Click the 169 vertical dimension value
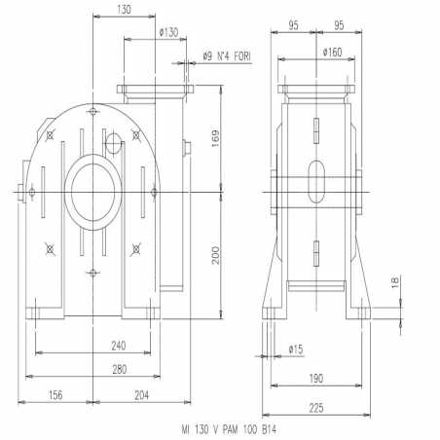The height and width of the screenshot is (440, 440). click(x=215, y=139)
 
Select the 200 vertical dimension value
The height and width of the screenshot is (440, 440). click(x=215, y=256)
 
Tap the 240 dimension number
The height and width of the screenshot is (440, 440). click(x=119, y=346)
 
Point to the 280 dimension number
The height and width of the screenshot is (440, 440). click(x=120, y=369)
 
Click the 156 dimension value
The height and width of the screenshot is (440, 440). click(x=55, y=395)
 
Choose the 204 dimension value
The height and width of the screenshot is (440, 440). click(x=142, y=395)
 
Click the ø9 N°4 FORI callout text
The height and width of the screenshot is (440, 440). click(x=227, y=56)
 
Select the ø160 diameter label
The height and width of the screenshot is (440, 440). click(x=333, y=52)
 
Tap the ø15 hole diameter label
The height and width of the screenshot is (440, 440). click(x=296, y=349)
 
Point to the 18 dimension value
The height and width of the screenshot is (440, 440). click(x=395, y=282)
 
